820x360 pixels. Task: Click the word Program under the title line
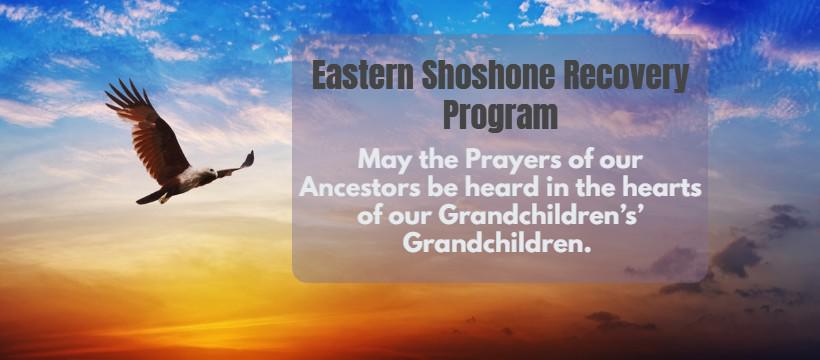tap(500, 115)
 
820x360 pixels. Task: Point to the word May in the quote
tap(378, 161)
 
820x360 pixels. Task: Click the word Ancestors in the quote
tap(360, 188)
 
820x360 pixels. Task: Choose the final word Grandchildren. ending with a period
tap(497, 243)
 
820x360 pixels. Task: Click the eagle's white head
tap(208, 173)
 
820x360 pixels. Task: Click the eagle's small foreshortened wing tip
tap(237, 164)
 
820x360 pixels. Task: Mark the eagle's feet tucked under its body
tap(166, 198)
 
